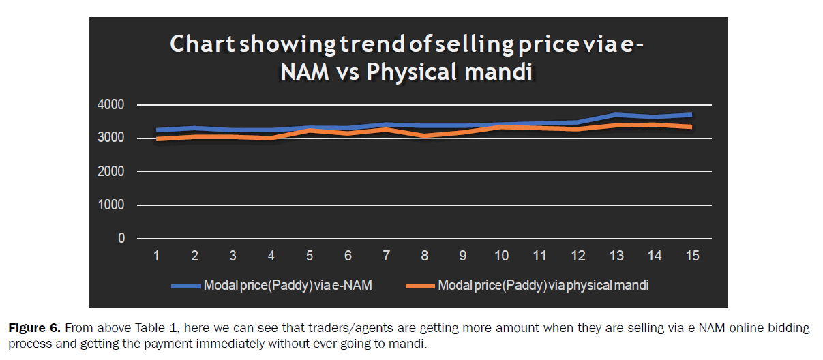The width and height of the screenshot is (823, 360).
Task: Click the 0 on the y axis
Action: [x=121, y=239]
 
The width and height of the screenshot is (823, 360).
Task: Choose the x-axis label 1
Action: [x=156, y=256]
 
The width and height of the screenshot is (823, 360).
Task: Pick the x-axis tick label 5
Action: [x=310, y=256]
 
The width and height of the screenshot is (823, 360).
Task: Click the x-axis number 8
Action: [x=424, y=256]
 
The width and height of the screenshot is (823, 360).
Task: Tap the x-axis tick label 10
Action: [x=501, y=256]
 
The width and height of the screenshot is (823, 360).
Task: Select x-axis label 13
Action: [x=616, y=256]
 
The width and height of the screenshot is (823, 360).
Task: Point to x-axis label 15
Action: [x=692, y=256]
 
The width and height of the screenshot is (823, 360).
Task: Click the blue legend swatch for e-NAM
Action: [x=186, y=286]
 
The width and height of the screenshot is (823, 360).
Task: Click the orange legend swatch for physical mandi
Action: [x=421, y=286]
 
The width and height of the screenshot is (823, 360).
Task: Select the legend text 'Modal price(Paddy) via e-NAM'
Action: [x=288, y=286]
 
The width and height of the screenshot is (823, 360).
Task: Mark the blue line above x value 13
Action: [x=616, y=115]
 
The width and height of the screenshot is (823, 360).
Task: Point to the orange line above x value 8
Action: [x=424, y=136]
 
